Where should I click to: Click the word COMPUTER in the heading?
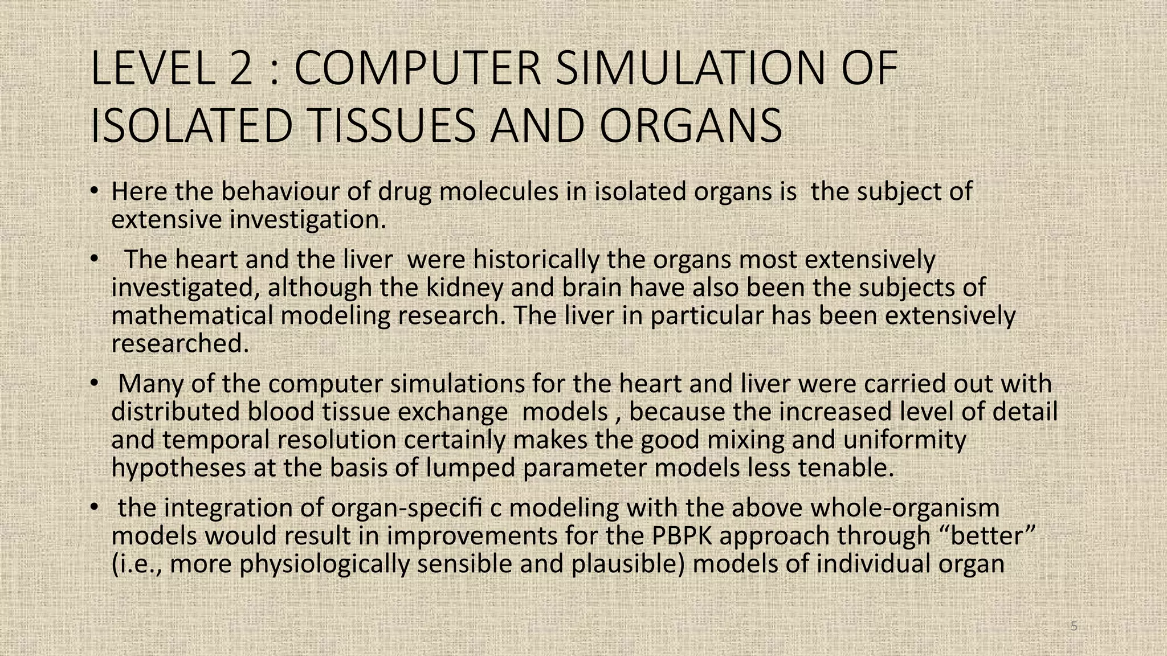(x=417, y=69)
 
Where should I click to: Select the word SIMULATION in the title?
(x=690, y=69)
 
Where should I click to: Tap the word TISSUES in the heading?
(x=387, y=126)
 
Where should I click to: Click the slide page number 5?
(x=1074, y=627)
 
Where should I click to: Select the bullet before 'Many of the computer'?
(x=95, y=383)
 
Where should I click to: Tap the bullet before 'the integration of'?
(x=95, y=507)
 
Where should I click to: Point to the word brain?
(x=591, y=288)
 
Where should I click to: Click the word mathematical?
(x=192, y=315)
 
